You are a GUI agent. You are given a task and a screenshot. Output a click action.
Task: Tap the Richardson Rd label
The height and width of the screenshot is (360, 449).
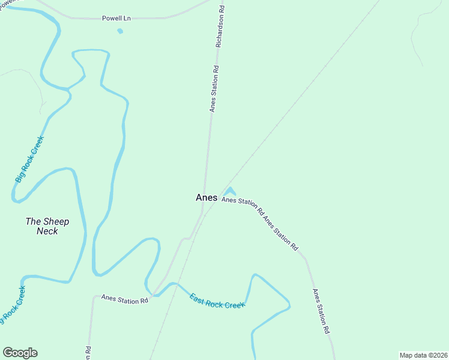(x=220, y=26)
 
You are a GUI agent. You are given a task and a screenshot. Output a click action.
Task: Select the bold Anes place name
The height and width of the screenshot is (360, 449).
(x=206, y=197)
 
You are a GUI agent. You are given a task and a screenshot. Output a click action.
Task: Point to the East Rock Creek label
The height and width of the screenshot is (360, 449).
(x=217, y=301)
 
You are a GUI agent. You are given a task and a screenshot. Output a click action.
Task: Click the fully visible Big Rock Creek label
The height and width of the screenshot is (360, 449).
(x=30, y=159)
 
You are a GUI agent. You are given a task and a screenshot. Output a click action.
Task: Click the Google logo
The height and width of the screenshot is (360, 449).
(x=20, y=353)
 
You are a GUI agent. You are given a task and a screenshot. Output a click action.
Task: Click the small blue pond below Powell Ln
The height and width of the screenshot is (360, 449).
(x=120, y=31)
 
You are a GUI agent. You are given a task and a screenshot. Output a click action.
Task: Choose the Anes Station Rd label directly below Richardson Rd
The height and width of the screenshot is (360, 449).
(x=214, y=89)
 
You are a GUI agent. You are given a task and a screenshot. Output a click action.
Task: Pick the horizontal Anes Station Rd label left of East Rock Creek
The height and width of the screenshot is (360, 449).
(x=124, y=298)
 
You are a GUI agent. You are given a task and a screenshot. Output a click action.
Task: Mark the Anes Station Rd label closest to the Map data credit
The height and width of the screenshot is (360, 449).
(x=321, y=311)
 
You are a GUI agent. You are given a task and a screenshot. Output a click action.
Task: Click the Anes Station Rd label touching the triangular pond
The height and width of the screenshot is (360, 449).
(x=242, y=205)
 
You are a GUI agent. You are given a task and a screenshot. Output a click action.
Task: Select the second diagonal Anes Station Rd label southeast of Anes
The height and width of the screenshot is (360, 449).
(x=281, y=232)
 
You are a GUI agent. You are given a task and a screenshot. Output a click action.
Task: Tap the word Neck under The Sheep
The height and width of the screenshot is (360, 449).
(x=47, y=231)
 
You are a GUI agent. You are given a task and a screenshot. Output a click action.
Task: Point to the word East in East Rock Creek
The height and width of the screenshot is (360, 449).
(x=197, y=296)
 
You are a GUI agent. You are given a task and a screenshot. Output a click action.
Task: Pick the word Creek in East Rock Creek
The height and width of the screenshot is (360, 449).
(x=235, y=305)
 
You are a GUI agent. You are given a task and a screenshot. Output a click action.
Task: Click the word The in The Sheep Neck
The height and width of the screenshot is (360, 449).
(x=32, y=221)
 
